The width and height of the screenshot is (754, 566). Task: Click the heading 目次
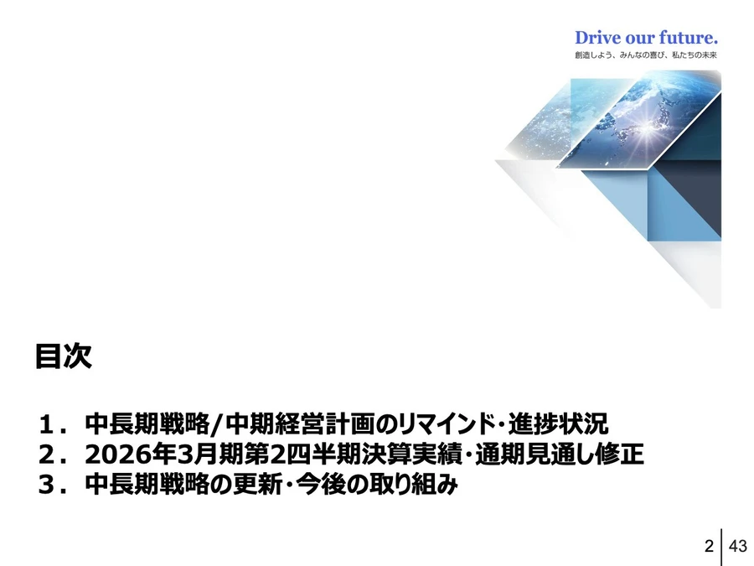pos(63,356)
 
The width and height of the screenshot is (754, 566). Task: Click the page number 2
pos(710,546)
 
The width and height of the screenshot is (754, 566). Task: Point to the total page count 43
pos(737,546)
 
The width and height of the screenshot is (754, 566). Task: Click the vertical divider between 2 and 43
pos(722,546)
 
